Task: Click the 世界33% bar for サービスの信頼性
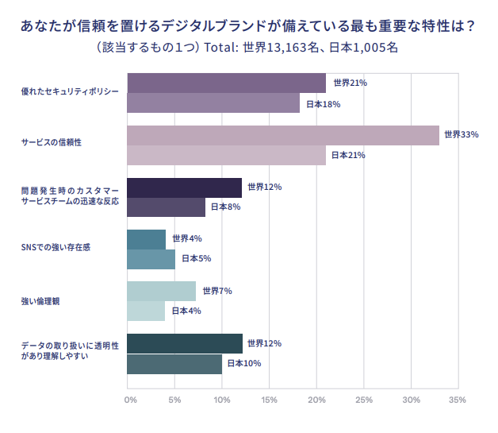pyautogui.click(x=282, y=135)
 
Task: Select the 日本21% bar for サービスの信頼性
pyautogui.click(x=226, y=155)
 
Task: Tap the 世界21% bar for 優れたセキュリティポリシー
pyautogui.click(x=226, y=83)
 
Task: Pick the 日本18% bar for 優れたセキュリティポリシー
pyautogui.click(x=213, y=103)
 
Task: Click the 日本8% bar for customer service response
pyautogui.click(x=166, y=207)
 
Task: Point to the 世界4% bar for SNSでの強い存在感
pyautogui.click(x=146, y=239)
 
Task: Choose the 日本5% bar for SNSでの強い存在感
pyautogui.click(x=151, y=259)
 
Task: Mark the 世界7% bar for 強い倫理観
pyautogui.click(x=161, y=291)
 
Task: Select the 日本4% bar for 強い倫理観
pyautogui.click(x=146, y=311)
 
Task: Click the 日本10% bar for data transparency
pyautogui.click(x=174, y=364)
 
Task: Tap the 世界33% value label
pyautogui.click(x=461, y=134)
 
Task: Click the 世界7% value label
pyautogui.click(x=217, y=291)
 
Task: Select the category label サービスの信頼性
pyautogui.click(x=52, y=143)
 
